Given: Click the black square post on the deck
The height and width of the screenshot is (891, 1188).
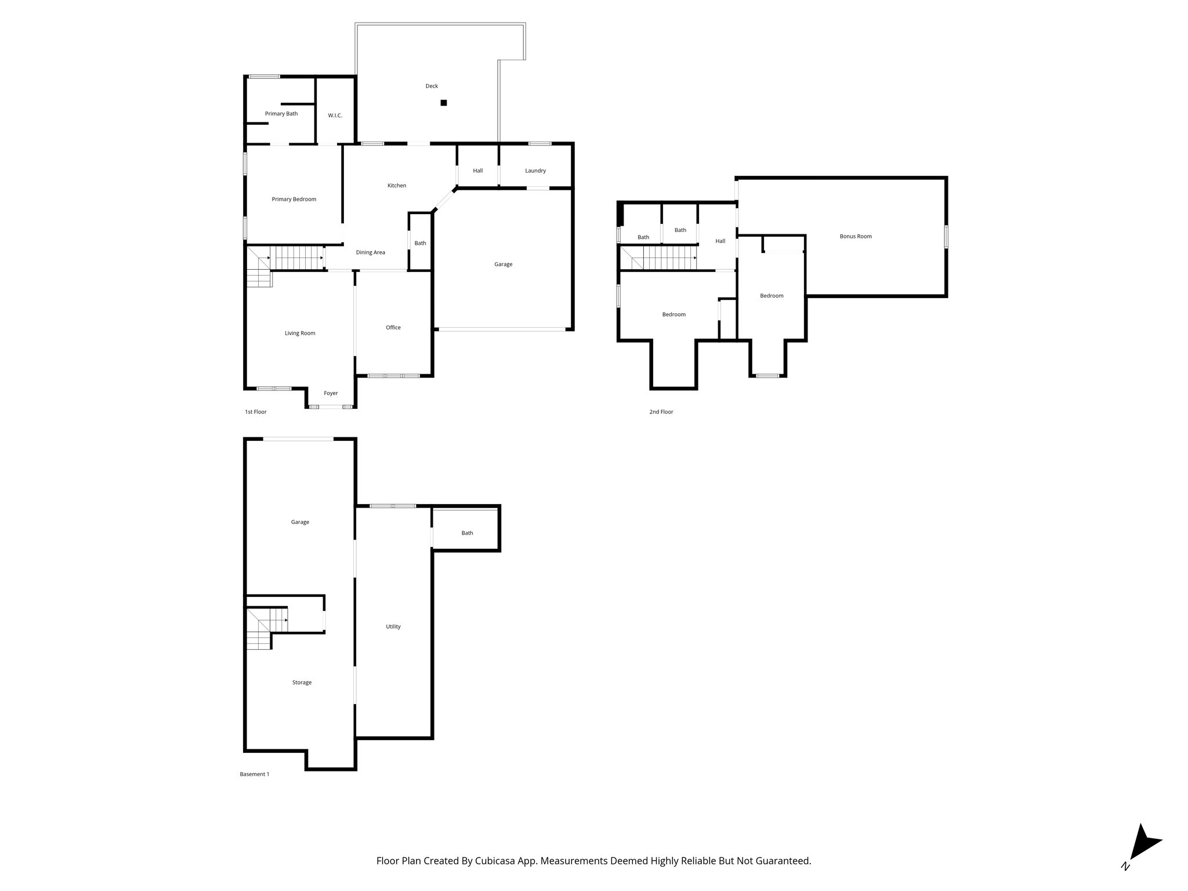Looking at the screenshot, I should pos(444,103).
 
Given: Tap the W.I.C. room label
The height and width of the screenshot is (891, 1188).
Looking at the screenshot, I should pos(335,115).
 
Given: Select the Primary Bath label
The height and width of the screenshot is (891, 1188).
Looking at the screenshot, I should pos(281,114).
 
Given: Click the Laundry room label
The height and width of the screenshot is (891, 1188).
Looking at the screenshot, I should pos(535,171).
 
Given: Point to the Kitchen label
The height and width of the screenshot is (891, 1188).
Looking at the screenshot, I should pos(397,186).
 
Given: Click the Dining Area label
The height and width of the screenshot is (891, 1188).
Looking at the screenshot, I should pos(370,252).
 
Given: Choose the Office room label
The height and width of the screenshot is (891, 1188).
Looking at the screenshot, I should pos(393,328).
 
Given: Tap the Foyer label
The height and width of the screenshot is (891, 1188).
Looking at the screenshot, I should pos(331,393).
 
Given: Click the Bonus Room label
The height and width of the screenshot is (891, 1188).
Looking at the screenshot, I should pos(856,236).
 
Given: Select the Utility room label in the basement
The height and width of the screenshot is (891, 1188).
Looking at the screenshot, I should pos(393,626).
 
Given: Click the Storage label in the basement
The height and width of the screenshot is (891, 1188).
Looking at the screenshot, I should pos(302,683).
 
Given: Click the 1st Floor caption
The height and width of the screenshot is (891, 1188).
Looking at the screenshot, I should pos(256,412).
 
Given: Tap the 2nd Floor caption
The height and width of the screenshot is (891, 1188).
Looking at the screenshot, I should pos(661,412).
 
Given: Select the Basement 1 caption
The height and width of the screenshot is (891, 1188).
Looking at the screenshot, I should pos(255,774).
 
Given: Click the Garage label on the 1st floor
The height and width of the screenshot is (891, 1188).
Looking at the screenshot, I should pos(503,265).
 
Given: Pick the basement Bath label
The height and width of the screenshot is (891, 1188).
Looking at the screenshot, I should pos(467,533).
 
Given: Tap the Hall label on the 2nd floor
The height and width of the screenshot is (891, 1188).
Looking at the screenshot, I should pos(720,241).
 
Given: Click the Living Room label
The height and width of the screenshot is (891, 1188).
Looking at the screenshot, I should pos(300,334).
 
